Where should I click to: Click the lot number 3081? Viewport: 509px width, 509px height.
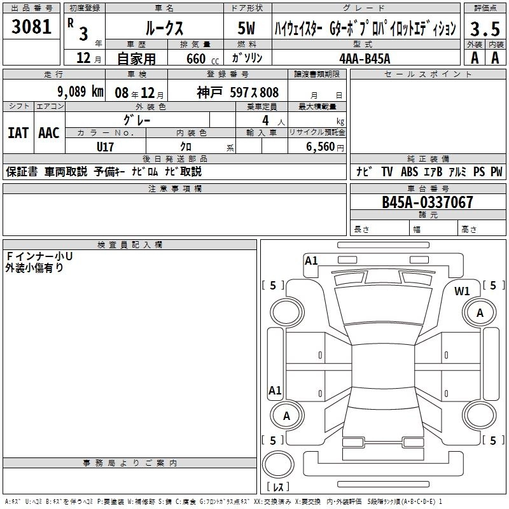31,27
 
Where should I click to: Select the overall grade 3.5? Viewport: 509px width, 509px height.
485,29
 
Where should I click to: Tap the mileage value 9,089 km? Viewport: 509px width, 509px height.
81,92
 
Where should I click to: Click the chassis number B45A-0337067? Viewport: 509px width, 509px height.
427,202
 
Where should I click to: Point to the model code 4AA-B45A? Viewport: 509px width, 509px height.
365,59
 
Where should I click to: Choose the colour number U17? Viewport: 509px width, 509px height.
105,147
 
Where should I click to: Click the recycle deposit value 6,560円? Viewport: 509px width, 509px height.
325,147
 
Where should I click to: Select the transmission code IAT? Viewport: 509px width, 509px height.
18,133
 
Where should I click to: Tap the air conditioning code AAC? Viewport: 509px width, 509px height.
49,133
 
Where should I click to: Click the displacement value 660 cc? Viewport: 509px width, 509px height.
202,59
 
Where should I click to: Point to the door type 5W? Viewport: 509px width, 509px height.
246,28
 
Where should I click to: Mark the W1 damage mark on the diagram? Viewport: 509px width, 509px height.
462,291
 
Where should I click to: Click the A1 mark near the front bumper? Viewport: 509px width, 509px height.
311,261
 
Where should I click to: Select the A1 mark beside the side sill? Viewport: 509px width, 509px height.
275,390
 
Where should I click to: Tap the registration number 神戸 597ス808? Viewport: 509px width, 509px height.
237,92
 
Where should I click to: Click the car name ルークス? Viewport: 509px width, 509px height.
164,28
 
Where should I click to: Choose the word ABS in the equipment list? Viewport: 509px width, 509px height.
409,171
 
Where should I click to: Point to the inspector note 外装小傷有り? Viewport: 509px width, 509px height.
34,268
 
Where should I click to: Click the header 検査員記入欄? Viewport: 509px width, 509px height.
130,245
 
